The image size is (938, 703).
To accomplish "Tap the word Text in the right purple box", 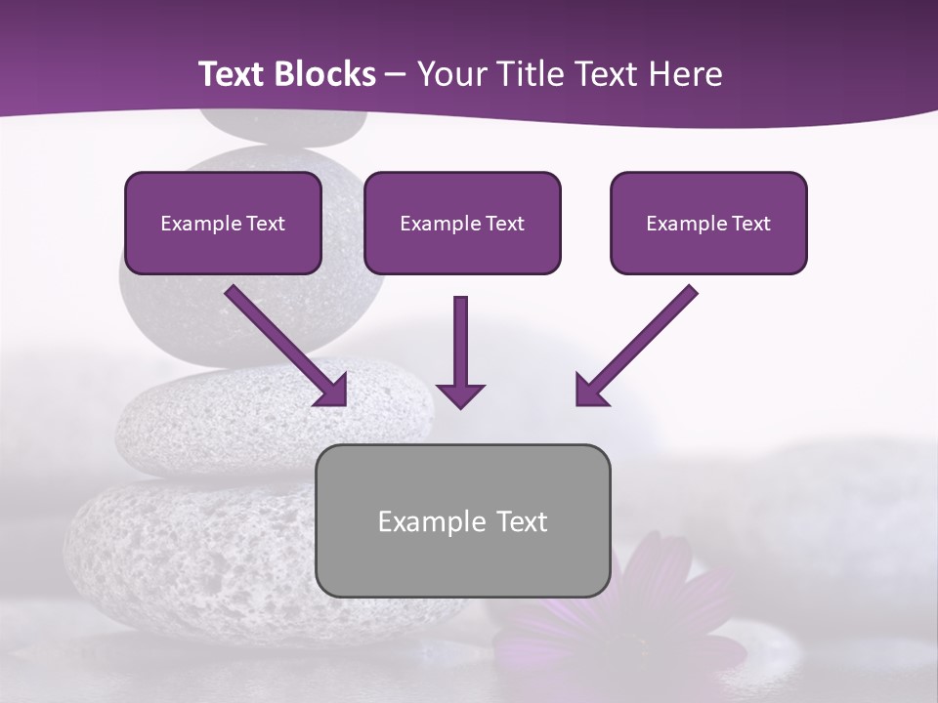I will coord(750,224).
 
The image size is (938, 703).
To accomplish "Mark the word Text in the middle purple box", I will coord(504,224).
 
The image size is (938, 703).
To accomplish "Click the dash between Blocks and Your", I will coord(396,74).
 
